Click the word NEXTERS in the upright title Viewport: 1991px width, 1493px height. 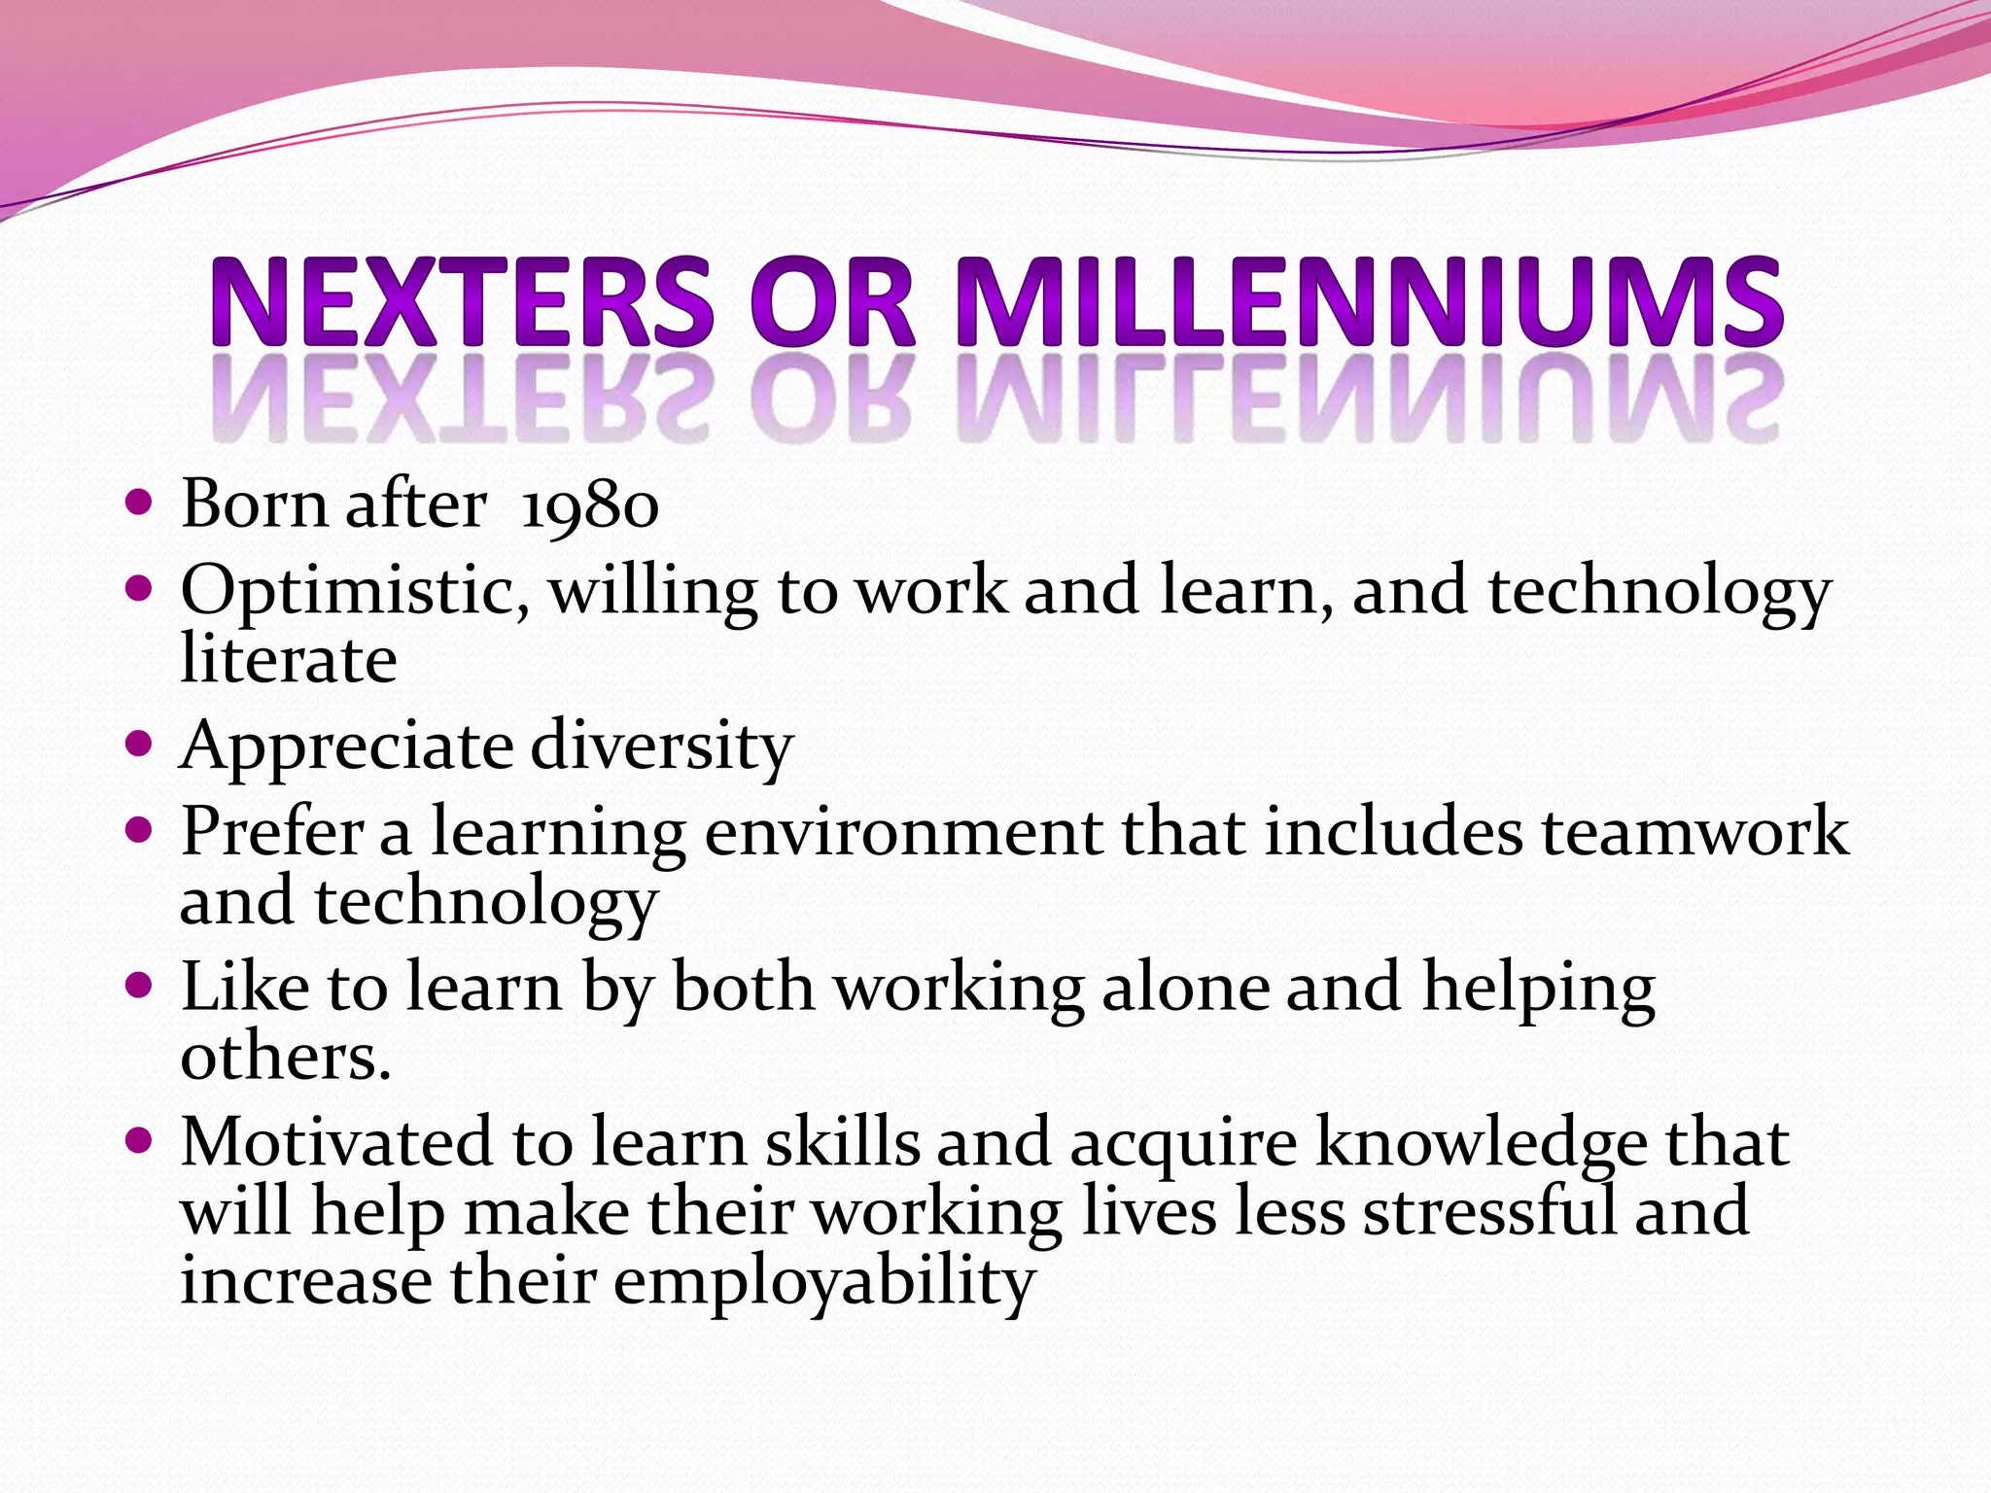pyautogui.click(x=462, y=302)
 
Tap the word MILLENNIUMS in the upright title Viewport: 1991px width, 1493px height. pyautogui.click(x=1370, y=302)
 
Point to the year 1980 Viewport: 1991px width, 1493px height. pyautogui.click(x=590, y=506)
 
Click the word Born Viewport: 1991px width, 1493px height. pyautogui.click(x=254, y=504)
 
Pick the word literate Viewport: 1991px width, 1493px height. pyautogui.click(x=289, y=660)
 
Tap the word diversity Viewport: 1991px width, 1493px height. pyautogui.click(x=662, y=747)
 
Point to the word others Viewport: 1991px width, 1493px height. pyautogui.click(x=285, y=1057)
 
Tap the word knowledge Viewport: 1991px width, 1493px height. pyautogui.click(x=1481, y=1143)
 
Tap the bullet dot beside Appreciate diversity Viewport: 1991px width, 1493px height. pyautogui.click(x=140, y=745)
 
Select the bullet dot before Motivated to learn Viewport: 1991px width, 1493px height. pyautogui.click(x=140, y=1139)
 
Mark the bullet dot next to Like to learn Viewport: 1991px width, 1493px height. pyautogui.click(x=140, y=986)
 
